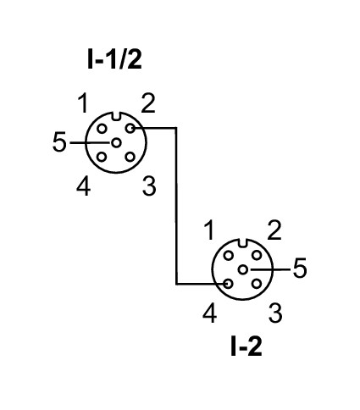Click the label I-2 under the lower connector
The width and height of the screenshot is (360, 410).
246,346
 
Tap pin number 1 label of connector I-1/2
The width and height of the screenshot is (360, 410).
83,103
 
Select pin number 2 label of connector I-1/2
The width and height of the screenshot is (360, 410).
148,103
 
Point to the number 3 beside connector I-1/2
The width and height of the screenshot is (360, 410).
149,186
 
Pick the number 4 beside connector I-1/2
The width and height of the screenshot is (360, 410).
84,186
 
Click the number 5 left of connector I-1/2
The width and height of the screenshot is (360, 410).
59,142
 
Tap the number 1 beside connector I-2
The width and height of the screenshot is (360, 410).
209,230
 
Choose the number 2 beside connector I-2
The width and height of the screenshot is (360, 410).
274,230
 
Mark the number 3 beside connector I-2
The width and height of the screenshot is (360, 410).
275,313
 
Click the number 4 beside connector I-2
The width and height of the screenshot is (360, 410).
210,313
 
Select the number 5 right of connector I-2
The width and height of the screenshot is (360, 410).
300,269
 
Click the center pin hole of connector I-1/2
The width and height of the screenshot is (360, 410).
116,143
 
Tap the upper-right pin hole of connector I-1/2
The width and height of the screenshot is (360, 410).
130,129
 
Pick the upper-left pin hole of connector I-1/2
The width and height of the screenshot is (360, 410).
102,129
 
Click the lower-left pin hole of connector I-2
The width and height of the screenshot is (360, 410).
228,284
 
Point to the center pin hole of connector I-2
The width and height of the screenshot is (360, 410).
242,269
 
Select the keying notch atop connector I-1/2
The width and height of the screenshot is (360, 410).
116,116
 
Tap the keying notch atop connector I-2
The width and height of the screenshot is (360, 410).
242,243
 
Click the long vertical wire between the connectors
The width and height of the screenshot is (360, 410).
176,206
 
